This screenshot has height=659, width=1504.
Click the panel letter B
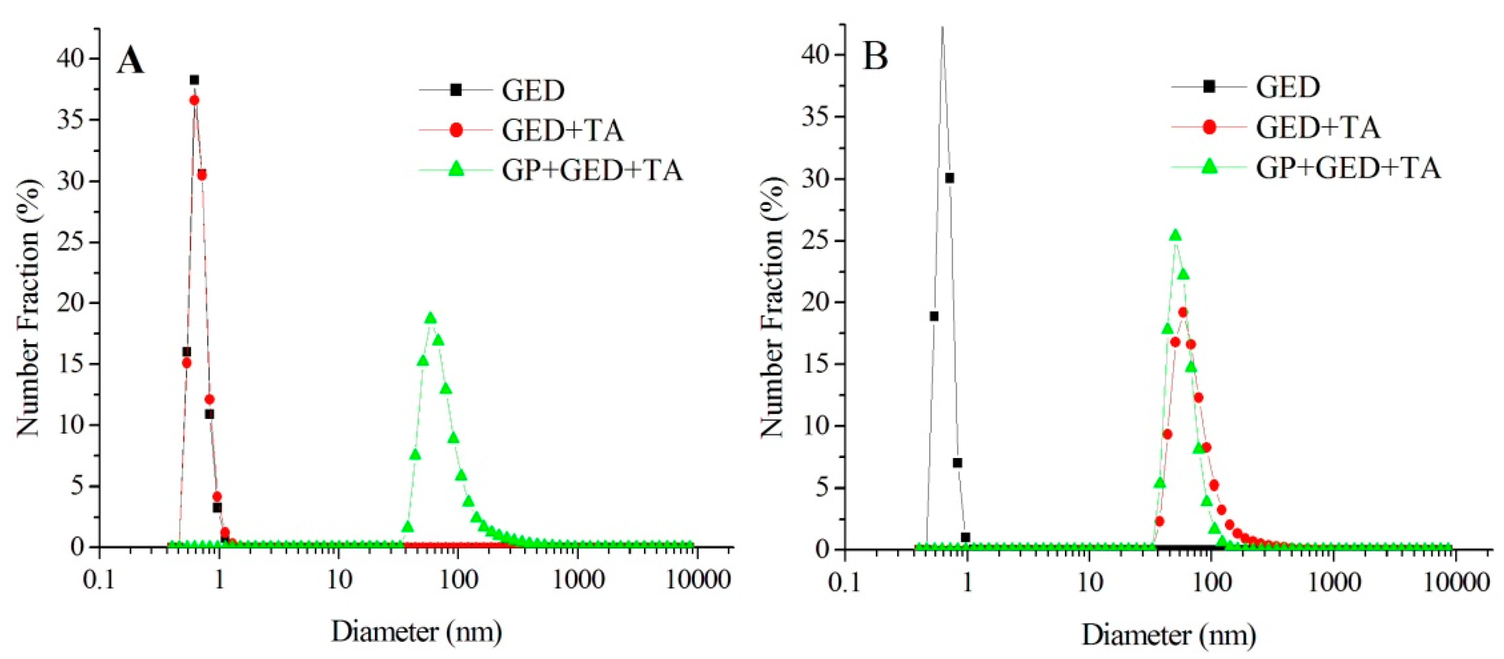(x=875, y=57)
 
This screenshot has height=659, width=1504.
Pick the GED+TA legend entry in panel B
(x=1318, y=127)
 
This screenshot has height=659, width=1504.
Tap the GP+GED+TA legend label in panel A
(x=592, y=171)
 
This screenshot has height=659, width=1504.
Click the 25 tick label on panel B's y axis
(x=816, y=241)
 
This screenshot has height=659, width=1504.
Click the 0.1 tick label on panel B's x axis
(x=844, y=583)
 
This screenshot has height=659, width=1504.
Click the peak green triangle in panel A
(x=431, y=318)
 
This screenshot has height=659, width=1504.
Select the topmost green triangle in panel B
(x=1175, y=235)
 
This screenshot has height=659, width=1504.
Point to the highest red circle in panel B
(x=1183, y=312)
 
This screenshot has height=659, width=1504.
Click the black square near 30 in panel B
(x=950, y=178)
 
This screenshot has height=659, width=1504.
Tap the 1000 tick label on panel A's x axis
(x=578, y=580)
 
